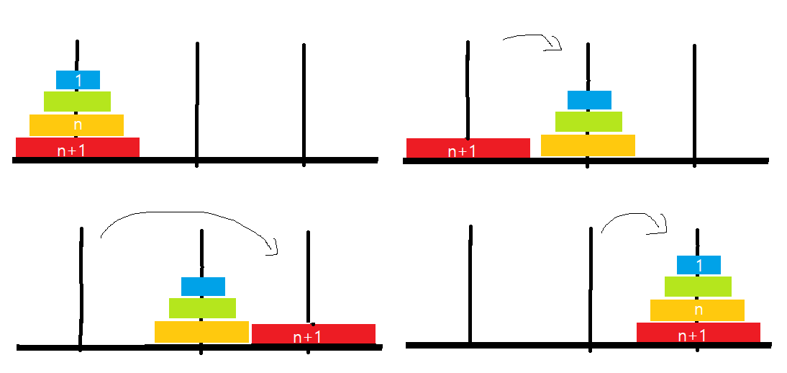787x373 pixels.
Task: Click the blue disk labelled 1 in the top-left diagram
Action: [78, 79]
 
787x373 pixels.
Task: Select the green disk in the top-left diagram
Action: [77, 101]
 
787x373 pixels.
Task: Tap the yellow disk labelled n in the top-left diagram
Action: [76, 125]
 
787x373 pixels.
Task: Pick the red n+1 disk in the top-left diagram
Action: [77, 147]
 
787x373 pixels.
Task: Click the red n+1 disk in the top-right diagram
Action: [468, 148]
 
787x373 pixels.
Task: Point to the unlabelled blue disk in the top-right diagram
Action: [589, 99]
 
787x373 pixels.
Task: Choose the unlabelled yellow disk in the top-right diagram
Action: [588, 145]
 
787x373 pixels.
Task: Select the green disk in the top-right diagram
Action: [588, 121]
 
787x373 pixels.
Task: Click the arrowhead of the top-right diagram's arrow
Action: [556, 46]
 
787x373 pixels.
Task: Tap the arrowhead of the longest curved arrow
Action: [272, 249]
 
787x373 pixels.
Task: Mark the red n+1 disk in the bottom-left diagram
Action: [313, 333]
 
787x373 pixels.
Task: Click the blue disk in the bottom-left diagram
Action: [203, 286]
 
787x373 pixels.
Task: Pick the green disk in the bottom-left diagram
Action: [202, 307]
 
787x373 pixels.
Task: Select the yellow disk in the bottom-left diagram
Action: [201, 331]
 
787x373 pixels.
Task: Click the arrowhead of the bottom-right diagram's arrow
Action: [663, 227]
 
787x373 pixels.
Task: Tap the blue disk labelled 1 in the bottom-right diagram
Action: [699, 264]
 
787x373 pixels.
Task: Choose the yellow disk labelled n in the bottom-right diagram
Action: [697, 310]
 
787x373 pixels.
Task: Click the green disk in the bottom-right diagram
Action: [698, 286]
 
